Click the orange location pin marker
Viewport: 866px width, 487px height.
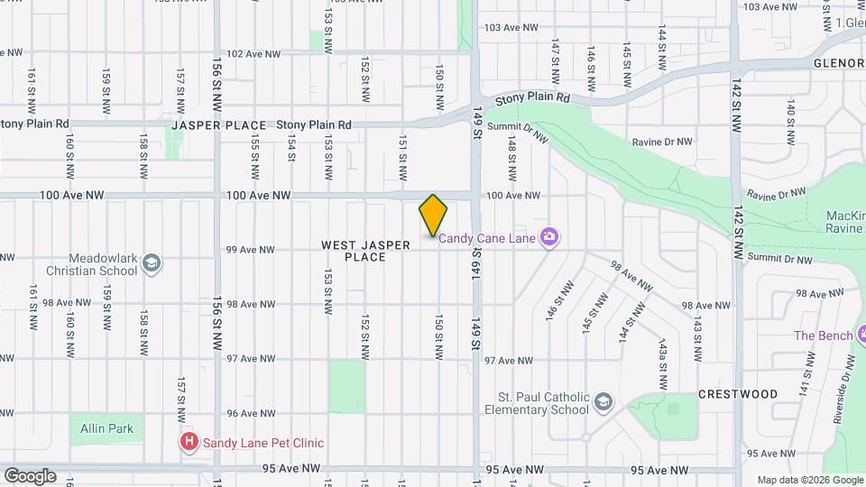pyautogui.click(x=433, y=215)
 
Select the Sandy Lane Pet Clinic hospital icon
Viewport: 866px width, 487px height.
pyautogui.click(x=189, y=442)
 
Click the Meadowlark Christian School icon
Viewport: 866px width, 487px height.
pyautogui.click(x=152, y=263)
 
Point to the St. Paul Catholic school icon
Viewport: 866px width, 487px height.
pyautogui.click(x=603, y=401)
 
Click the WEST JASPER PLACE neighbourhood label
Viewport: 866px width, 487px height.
pyautogui.click(x=365, y=251)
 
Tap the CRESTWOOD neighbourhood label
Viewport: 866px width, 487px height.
pyautogui.click(x=737, y=394)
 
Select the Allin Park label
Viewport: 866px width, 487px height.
pyautogui.click(x=106, y=428)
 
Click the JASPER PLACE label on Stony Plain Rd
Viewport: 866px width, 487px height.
pyautogui.click(x=219, y=125)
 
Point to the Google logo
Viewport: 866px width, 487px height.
pyautogui.click(x=30, y=476)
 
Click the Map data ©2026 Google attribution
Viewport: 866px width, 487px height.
pyautogui.click(x=810, y=480)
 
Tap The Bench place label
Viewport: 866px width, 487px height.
pyautogui.click(x=823, y=335)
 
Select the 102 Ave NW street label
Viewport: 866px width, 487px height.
pyautogui.click(x=253, y=54)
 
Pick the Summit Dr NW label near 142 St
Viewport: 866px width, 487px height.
pyautogui.click(x=780, y=259)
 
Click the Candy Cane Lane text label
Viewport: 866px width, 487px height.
pyautogui.click(x=487, y=238)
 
